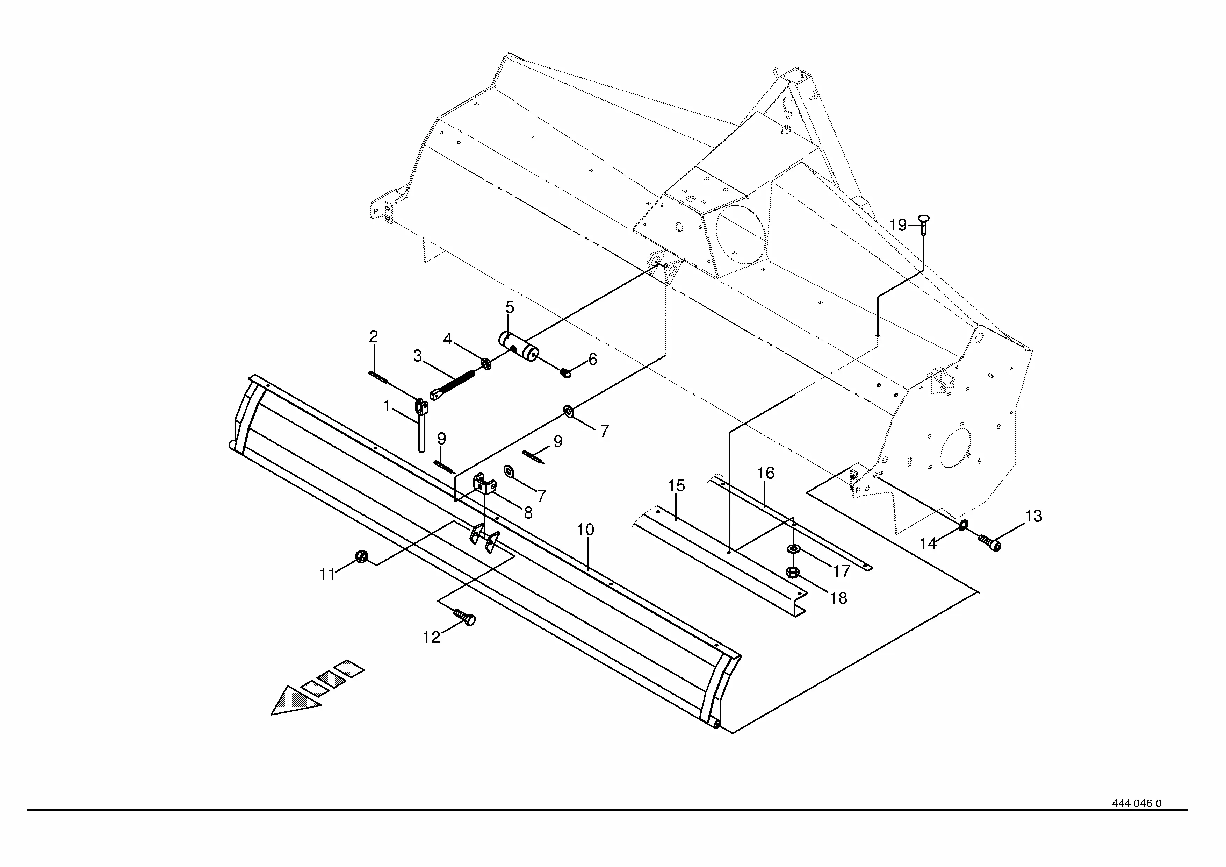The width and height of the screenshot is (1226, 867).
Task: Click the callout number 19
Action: coord(898,226)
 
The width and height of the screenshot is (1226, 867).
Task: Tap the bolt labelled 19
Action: coord(924,223)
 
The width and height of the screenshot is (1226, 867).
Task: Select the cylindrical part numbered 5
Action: coord(519,347)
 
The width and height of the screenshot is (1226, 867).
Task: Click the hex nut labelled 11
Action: coord(360,557)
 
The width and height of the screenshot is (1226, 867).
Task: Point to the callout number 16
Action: coord(766,473)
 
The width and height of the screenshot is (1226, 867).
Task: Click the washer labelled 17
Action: coord(793,549)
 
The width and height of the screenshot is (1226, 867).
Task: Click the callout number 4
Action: coord(447,339)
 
